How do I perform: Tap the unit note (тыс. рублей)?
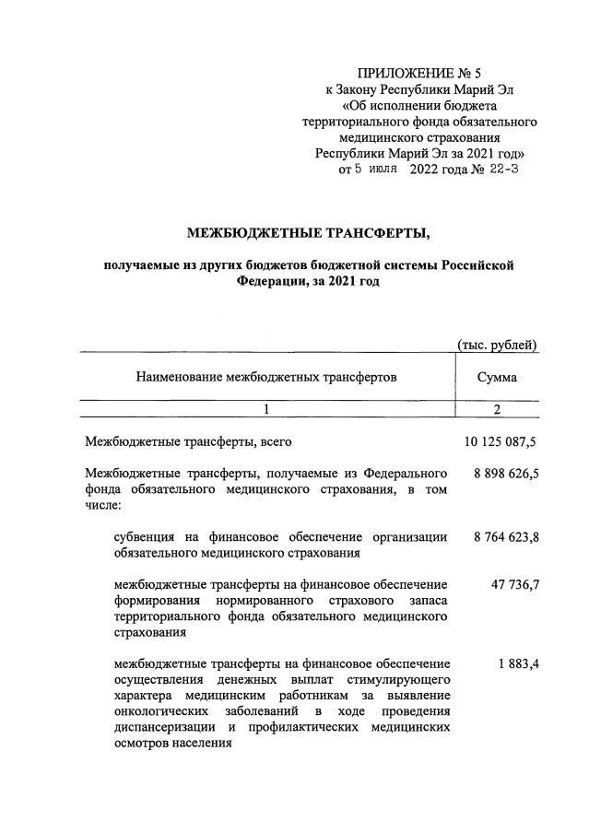(498, 345)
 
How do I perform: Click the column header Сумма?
(497, 377)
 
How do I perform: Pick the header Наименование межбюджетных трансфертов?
(266, 377)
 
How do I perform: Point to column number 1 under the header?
(266, 410)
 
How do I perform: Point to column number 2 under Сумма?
(497, 410)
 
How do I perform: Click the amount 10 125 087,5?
(500, 442)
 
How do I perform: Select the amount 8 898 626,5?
(505, 474)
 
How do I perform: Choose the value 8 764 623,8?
(505, 537)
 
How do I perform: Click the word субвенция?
(145, 537)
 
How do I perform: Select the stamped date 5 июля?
(375, 169)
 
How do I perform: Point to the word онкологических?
(160, 711)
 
